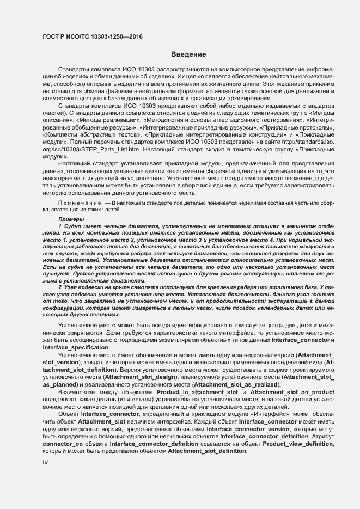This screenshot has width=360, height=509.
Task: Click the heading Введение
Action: click(x=188, y=54)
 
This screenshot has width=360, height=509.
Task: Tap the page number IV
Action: click(x=46, y=462)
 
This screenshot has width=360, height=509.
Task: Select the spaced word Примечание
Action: click(x=79, y=203)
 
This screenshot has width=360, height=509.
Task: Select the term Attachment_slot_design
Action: click(x=137, y=377)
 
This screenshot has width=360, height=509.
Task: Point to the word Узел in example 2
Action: click(x=74, y=286)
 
